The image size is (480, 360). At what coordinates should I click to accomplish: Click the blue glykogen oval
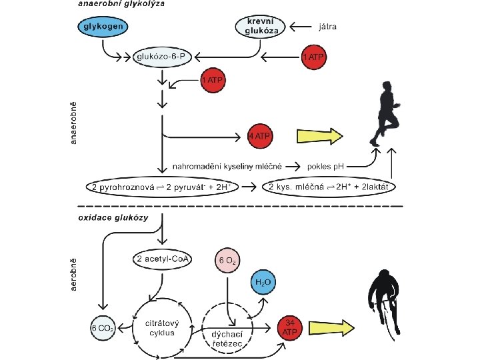[x=103, y=26]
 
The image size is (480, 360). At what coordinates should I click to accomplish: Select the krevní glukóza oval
[x=261, y=27]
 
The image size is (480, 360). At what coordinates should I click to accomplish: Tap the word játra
[x=327, y=27]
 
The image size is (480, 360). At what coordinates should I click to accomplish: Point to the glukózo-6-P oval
[x=162, y=57]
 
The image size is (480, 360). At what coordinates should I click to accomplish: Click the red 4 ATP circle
[x=260, y=136]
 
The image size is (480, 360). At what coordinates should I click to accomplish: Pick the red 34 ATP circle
[x=290, y=327]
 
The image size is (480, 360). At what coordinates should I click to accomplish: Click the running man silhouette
[x=385, y=113]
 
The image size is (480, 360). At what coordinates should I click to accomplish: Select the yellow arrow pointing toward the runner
[x=320, y=136]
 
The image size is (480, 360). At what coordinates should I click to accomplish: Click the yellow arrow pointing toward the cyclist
[x=331, y=328]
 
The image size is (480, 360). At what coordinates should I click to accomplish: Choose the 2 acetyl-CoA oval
[x=162, y=259]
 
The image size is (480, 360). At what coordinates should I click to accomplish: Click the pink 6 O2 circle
[x=227, y=261]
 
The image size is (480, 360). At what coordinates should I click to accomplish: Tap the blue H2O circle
[x=263, y=282]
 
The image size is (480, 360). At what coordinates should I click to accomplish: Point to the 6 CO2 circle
[x=103, y=328]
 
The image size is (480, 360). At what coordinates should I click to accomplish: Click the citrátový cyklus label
[x=162, y=328]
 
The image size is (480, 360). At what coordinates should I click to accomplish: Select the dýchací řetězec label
[x=227, y=339]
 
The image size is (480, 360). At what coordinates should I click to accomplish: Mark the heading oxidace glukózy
[x=113, y=218]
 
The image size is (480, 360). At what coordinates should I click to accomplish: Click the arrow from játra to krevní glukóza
[x=301, y=27]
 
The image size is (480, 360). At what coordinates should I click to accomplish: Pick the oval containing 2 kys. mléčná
[x=329, y=187]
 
